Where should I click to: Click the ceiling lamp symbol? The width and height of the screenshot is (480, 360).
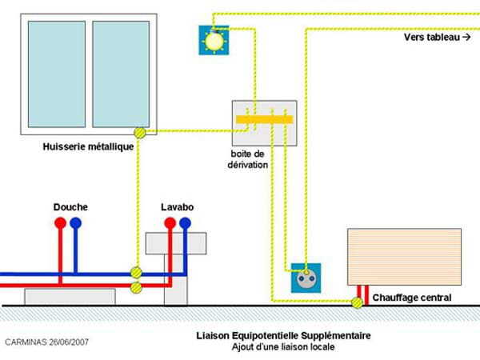214,40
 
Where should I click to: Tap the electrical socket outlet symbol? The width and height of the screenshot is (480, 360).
306,278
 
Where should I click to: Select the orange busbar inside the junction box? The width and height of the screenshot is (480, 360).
264,119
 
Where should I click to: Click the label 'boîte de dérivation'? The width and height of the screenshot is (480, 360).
248,159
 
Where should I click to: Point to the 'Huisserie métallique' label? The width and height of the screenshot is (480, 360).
88,146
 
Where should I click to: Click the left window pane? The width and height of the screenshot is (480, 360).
57,74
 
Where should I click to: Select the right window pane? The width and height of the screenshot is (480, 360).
121,74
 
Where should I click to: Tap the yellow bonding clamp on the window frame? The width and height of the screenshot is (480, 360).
140,133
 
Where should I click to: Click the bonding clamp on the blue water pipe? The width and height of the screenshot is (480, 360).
136,272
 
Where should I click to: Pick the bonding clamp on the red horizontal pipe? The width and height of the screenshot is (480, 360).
136,287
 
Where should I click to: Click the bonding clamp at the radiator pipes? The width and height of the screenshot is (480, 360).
357,302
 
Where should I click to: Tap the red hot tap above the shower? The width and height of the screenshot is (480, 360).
60,223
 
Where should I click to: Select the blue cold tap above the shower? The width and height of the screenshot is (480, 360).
76,223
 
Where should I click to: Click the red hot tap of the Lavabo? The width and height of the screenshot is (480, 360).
170,223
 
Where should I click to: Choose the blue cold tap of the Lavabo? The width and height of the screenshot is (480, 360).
185,223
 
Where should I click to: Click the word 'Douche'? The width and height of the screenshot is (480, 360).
70,207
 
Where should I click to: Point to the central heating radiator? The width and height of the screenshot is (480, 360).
404,257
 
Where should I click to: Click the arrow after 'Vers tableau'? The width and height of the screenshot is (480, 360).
466,37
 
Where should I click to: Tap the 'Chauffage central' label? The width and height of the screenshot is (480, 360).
412,298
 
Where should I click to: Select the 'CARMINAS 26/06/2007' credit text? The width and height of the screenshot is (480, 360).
47,342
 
